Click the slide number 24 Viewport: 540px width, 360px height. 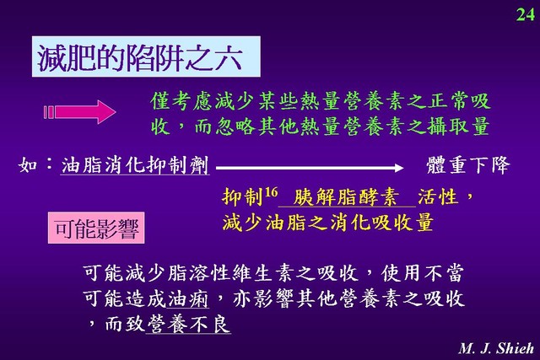525,14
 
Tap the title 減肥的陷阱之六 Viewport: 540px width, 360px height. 139,57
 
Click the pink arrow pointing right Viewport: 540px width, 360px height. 80,112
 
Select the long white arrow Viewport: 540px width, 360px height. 310,168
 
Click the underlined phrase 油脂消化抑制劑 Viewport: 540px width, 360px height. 135,165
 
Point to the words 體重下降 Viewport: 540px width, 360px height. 468,165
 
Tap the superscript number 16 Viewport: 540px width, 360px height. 271,192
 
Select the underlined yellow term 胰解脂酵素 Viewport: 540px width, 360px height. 346,197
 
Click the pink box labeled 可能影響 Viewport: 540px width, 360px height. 96,228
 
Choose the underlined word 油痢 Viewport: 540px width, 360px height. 188,298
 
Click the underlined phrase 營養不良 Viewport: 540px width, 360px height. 188,324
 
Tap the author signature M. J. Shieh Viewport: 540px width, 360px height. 496,348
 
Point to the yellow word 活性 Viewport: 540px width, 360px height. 438,197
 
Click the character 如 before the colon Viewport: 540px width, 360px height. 28,165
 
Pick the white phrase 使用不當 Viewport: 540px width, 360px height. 422,273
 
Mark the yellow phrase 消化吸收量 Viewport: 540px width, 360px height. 381,223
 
